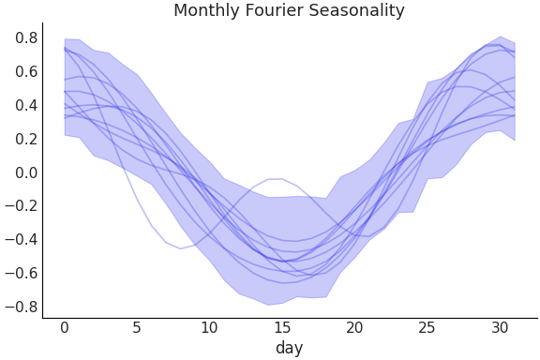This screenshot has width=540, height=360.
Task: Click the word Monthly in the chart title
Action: click(205, 11)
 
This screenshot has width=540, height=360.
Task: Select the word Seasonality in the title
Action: click(356, 11)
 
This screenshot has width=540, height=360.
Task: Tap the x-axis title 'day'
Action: click(289, 348)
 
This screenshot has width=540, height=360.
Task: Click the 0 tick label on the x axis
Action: click(64, 327)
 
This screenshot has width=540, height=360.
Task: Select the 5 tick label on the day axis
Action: click(137, 327)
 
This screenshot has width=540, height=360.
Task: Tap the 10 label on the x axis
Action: click(209, 327)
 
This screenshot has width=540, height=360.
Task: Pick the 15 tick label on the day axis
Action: click(281, 327)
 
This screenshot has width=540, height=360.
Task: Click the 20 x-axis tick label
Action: click(354, 327)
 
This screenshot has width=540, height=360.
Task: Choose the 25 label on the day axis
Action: click(427, 327)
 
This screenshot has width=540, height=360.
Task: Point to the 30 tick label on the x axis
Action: click(500, 327)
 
